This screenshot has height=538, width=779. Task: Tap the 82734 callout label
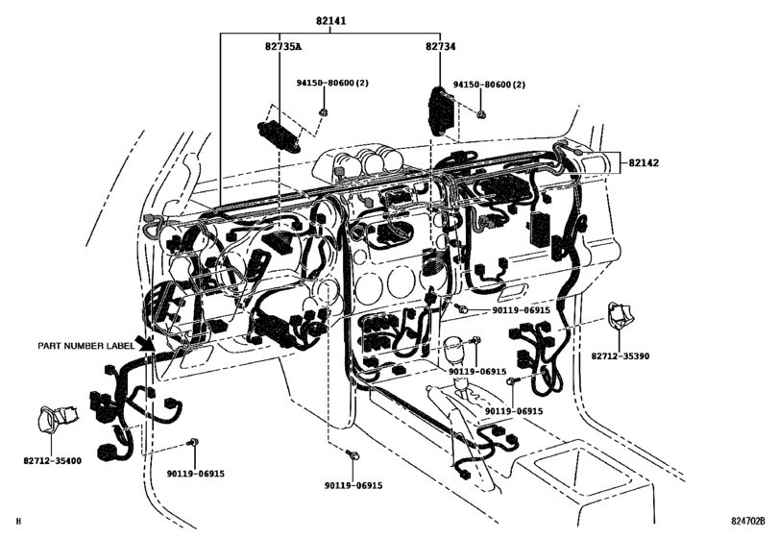pos(443,46)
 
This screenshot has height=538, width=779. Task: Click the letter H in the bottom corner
pos(18,523)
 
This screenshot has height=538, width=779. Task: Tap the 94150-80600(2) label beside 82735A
pos(353,86)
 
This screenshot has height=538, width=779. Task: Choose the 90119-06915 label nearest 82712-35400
pos(195,474)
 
